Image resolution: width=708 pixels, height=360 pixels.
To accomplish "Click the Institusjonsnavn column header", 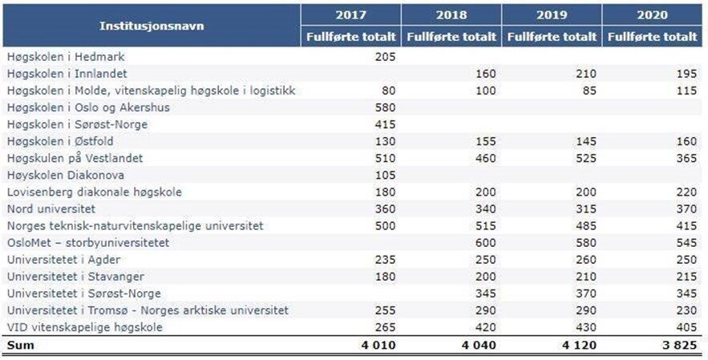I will point(152,26).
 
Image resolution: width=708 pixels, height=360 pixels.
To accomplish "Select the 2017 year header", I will point(351,14).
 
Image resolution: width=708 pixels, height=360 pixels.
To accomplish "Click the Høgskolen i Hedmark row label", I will point(66,57).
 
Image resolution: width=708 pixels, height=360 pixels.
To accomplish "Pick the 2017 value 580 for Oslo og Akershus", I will point(386,107).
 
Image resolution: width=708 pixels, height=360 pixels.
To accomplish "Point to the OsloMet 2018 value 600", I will point(484,243).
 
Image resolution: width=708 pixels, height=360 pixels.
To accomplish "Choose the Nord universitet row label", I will point(51,209).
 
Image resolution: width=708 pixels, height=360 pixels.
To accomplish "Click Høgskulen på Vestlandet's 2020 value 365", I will point(687,158).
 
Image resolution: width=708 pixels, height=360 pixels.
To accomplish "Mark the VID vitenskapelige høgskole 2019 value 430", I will point(586,327).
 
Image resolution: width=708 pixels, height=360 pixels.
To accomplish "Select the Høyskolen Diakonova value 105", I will point(386,175).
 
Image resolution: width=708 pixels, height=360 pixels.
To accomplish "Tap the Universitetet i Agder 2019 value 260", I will point(586,260).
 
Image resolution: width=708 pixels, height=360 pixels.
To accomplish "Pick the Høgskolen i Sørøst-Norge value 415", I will point(386,124).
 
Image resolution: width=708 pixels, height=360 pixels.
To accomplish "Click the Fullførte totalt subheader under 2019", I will point(552,37).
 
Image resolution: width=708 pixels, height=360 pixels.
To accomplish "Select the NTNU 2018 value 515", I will point(484,226).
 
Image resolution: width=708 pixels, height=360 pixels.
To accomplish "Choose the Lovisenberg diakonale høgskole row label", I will point(95,192).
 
